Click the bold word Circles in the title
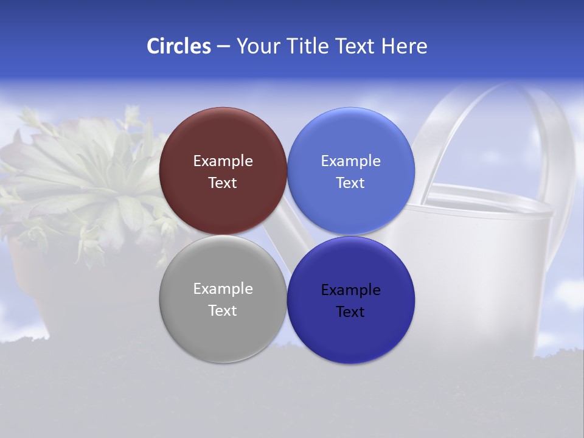(x=178, y=46)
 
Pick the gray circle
(x=223, y=328)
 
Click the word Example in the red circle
(x=223, y=161)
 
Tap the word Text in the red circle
(x=223, y=183)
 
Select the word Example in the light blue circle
(x=351, y=161)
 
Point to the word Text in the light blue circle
(x=351, y=183)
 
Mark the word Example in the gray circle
(x=223, y=289)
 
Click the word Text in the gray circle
(x=223, y=311)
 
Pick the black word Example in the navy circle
(x=351, y=290)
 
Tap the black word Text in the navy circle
(x=351, y=312)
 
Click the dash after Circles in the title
(x=223, y=47)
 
